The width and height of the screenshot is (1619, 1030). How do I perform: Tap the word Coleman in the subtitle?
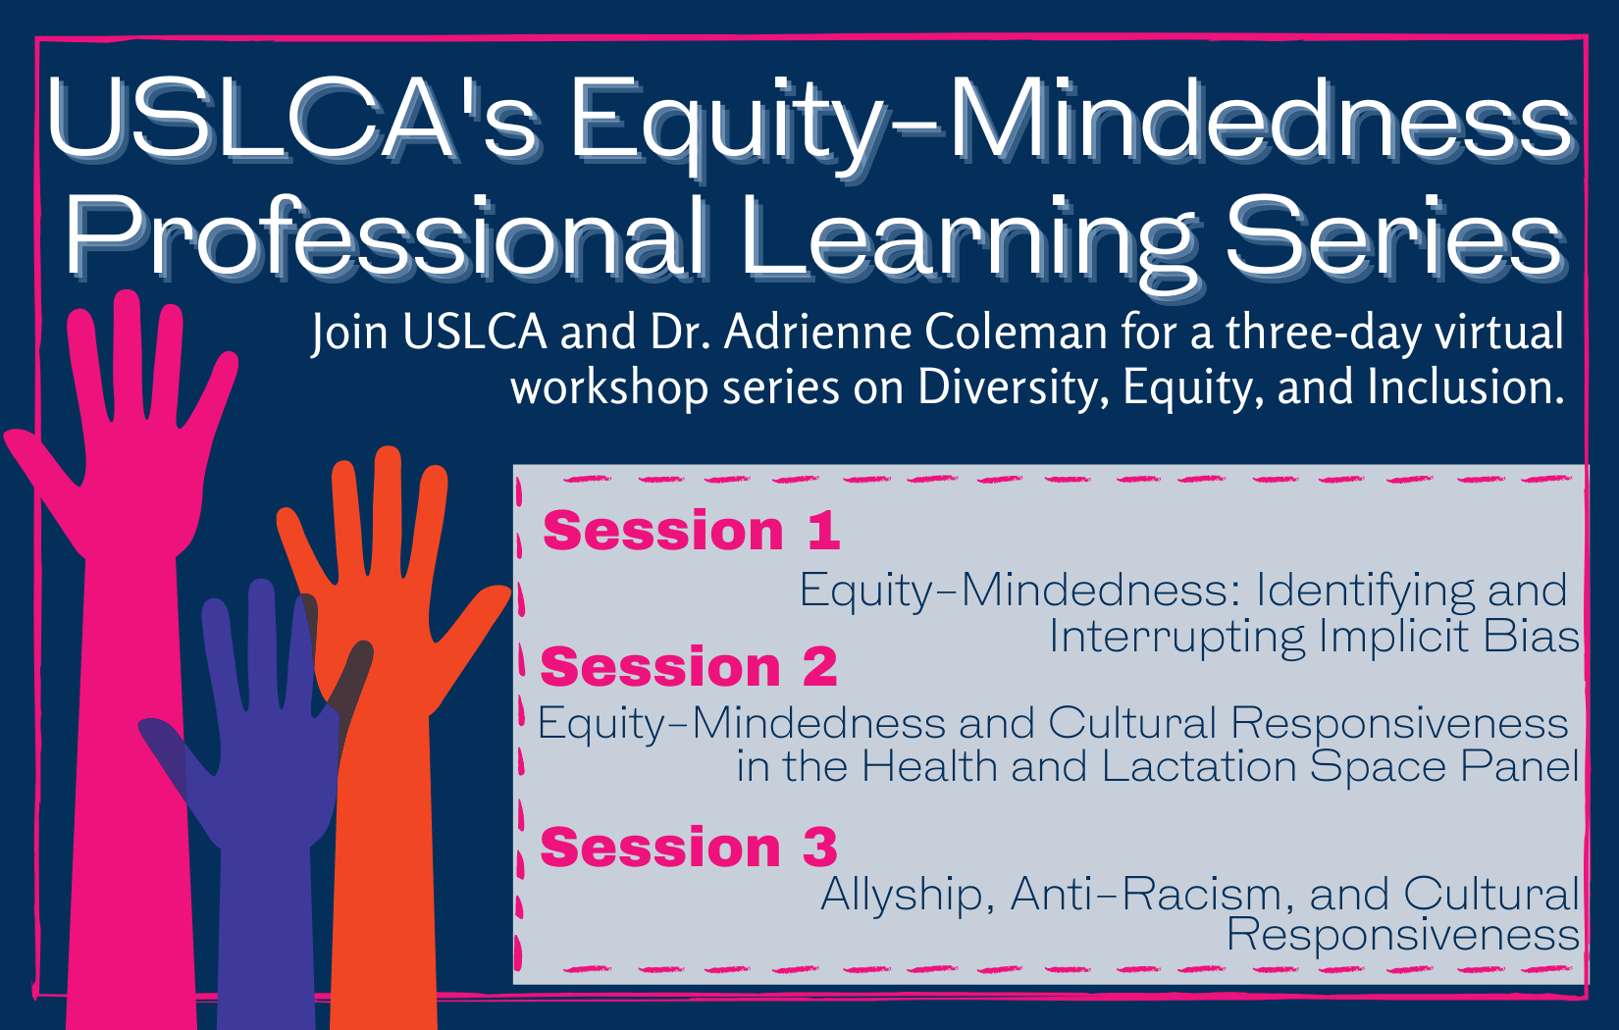click(1017, 333)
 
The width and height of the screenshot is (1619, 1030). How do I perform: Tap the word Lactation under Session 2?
click(1199, 766)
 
